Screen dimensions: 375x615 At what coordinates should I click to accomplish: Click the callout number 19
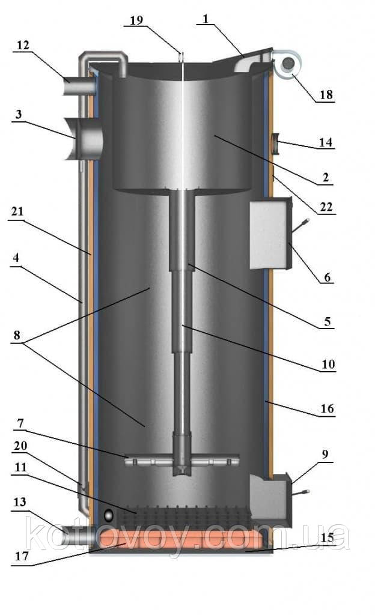point(136,20)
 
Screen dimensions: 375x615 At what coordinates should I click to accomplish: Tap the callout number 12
point(23,46)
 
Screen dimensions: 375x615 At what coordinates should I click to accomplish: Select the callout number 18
point(326,94)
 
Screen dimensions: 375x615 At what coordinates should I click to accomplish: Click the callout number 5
point(328,322)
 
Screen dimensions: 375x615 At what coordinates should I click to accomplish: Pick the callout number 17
point(22,556)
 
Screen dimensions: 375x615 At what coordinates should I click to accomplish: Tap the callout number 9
point(325,454)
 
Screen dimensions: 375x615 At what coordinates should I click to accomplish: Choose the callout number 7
point(20,423)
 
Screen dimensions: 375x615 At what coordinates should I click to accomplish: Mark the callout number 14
point(325,142)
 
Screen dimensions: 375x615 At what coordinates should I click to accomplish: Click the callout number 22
point(326,207)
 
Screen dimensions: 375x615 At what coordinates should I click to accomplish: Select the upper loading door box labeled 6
point(271,235)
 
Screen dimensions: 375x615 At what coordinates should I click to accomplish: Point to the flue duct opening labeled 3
point(84,138)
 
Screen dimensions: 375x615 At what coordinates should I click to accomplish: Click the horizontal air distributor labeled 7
point(182,460)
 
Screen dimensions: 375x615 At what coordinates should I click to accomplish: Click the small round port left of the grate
point(108,515)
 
